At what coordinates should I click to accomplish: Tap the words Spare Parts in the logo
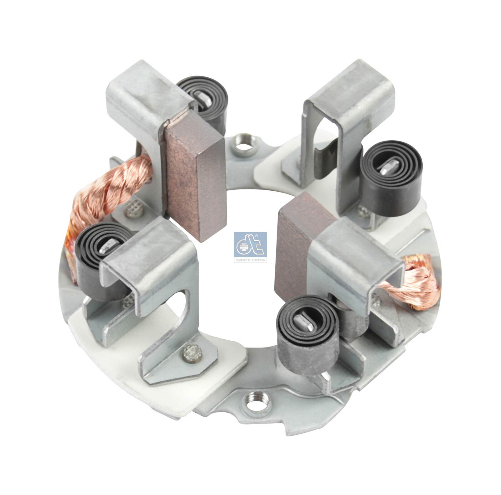[x=250, y=260]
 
